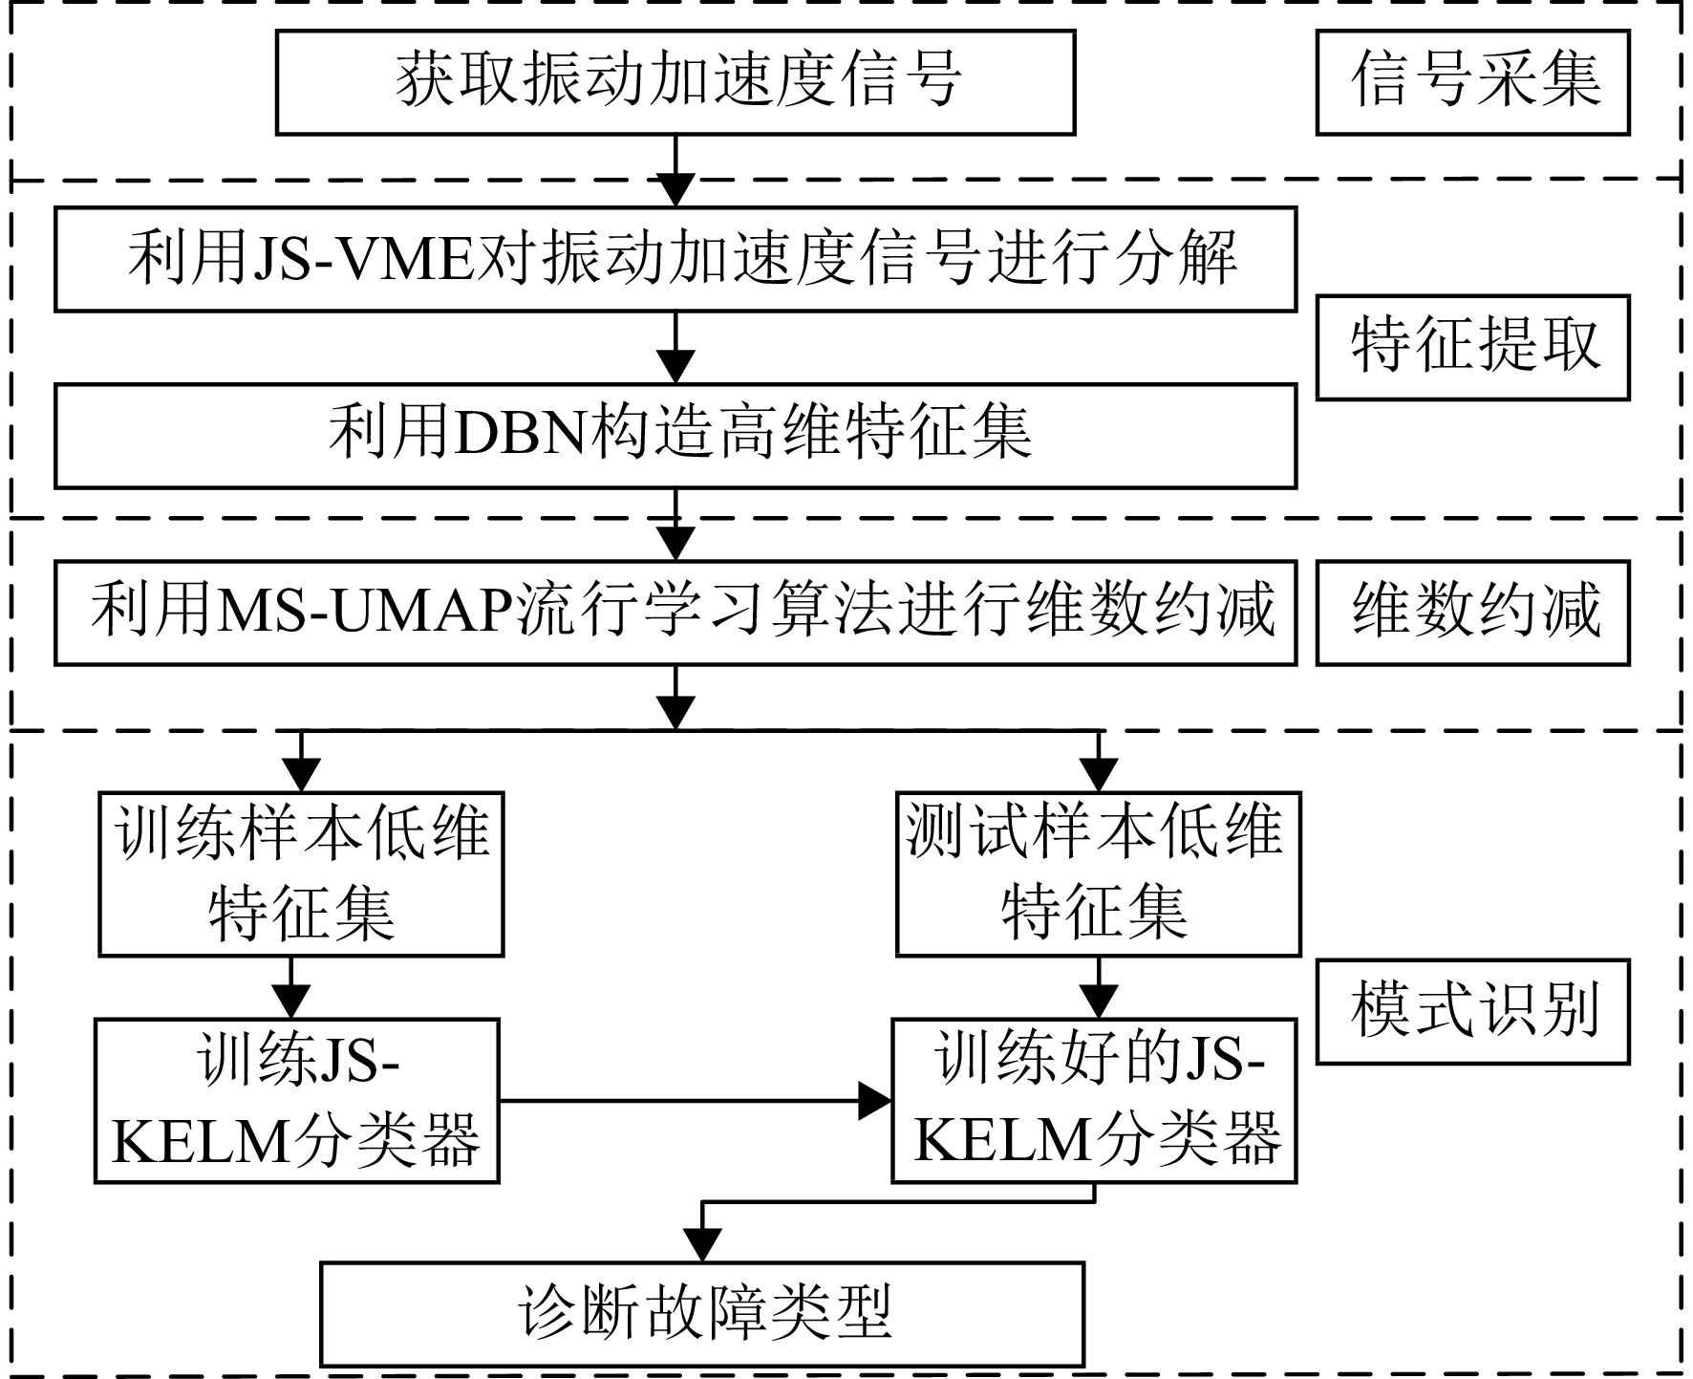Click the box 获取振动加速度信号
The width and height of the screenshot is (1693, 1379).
tap(675, 82)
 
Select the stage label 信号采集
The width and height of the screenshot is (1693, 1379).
tap(1472, 82)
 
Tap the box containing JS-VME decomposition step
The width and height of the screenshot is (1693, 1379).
tap(675, 259)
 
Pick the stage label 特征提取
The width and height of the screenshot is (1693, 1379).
tap(1472, 347)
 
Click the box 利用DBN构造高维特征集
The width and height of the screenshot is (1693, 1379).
tap(675, 436)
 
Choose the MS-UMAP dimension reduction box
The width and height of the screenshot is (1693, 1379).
tap(675, 613)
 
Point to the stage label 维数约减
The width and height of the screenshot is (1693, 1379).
tap(1472, 613)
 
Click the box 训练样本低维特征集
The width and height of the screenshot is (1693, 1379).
tap(301, 873)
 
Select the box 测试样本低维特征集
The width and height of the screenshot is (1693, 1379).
tap(1099, 873)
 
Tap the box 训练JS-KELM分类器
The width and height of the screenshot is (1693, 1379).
tap(296, 1100)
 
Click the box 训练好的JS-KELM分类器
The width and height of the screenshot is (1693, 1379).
tap(1094, 1100)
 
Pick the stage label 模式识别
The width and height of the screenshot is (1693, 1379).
tap(1472, 1011)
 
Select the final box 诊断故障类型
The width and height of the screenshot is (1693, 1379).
tap(702, 1314)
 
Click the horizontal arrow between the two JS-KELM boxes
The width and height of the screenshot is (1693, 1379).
tap(696, 1101)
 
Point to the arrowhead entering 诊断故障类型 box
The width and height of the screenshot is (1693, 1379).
tap(703, 1245)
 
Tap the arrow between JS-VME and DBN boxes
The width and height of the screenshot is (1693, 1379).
tap(675, 348)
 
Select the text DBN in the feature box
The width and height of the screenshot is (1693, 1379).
tap(520, 436)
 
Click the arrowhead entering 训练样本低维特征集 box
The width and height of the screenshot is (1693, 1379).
tap(301, 775)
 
